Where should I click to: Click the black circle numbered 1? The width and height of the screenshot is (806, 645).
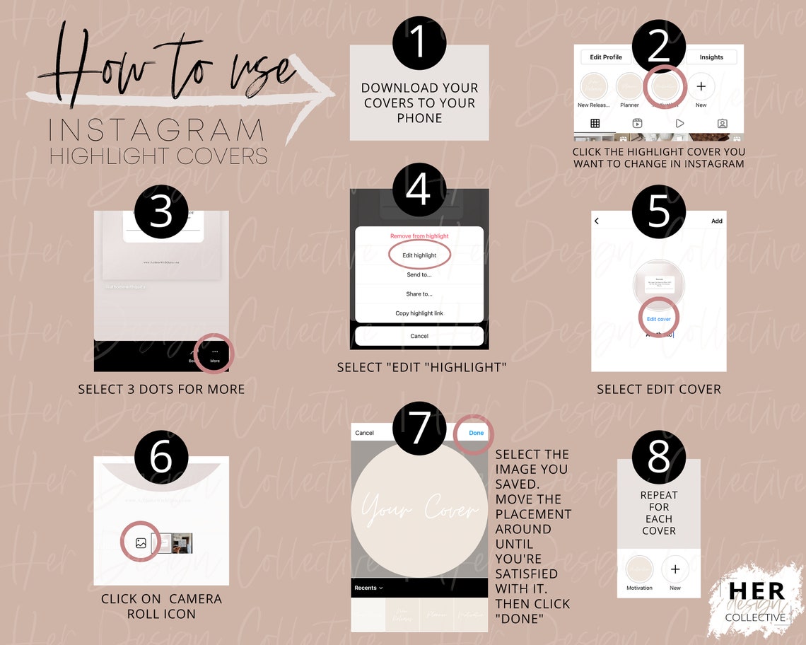(x=419, y=43)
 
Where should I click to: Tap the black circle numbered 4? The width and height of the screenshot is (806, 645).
(x=419, y=190)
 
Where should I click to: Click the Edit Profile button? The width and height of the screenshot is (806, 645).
(x=606, y=57)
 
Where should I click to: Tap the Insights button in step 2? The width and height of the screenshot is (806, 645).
(x=711, y=57)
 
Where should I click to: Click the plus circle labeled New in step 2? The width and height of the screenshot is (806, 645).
(x=701, y=87)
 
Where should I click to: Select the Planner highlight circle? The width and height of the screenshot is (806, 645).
(x=629, y=87)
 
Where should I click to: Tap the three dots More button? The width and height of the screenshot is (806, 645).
(x=214, y=354)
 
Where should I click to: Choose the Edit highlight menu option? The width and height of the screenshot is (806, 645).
(x=419, y=255)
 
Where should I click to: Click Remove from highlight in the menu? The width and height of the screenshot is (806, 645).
(x=419, y=236)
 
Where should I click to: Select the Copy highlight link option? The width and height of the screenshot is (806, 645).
(x=419, y=313)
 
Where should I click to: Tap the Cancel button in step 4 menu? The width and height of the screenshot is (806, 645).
(x=419, y=336)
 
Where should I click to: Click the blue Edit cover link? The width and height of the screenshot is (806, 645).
(x=658, y=319)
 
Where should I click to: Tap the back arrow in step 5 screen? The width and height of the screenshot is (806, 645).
(x=597, y=221)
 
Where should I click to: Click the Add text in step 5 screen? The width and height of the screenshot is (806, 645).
(x=716, y=221)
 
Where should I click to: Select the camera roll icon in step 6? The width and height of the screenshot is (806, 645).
(x=141, y=543)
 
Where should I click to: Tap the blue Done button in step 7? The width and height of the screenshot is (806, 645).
(x=476, y=433)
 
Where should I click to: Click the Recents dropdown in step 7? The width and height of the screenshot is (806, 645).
(x=368, y=588)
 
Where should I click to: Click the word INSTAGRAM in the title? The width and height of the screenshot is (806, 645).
(x=157, y=132)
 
